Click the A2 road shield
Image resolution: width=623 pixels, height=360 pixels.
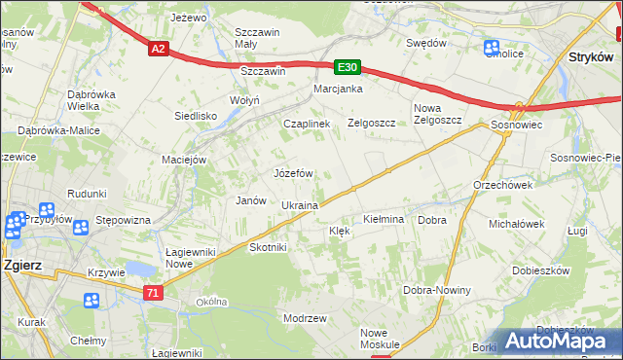click(160, 47)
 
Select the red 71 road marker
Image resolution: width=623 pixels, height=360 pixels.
click(151, 292)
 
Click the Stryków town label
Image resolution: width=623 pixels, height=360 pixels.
click(589, 58)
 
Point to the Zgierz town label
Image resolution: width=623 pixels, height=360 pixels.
click(20, 264)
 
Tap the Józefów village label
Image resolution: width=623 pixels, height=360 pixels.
click(292, 173)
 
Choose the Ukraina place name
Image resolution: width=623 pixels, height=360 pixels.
click(300, 206)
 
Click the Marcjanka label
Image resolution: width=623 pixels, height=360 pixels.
click(338, 90)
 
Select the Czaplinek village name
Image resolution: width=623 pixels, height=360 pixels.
click(307, 125)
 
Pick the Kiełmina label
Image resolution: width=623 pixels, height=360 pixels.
click(383, 220)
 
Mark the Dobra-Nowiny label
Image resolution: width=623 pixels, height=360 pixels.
click(437, 290)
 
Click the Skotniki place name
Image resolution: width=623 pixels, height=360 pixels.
click(269, 247)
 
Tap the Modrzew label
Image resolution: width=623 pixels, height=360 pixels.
click(304, 319)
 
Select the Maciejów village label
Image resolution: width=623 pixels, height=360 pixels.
click(184, 160)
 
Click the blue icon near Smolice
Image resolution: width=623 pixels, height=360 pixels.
click(492, 48)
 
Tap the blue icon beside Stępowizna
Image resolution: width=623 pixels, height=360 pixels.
click(81, 227)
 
